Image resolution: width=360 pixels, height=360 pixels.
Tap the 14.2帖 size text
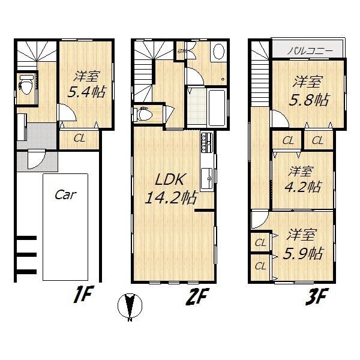pos(171,199)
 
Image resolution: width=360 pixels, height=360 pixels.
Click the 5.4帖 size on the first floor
pos(85,94)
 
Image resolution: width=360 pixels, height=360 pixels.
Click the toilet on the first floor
pos(26,85)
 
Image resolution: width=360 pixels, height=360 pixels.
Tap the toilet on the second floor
pos(146,113)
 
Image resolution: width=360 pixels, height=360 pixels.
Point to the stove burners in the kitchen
pos(206,143)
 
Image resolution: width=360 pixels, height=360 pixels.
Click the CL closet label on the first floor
pos(79,139)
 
